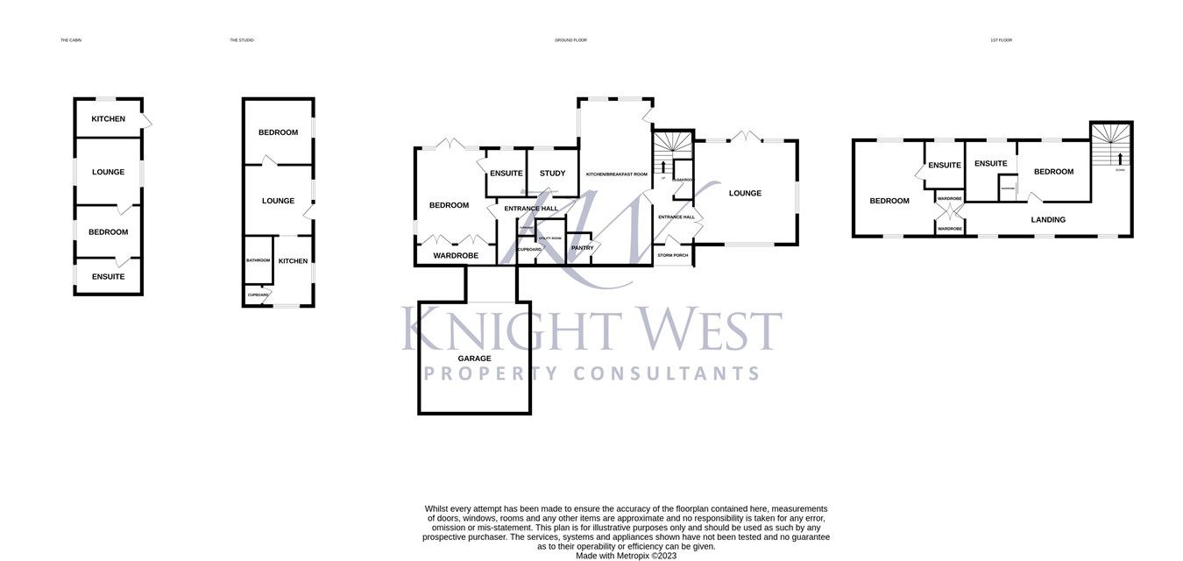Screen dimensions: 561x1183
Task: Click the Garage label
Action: tap(474, 359)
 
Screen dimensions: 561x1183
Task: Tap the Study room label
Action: tap(552, 174)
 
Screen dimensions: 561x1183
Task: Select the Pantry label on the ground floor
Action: tap(583, 248)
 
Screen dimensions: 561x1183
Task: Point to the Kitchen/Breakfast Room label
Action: tap(616, 174)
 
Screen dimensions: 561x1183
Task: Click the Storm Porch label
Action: tap(673, 255)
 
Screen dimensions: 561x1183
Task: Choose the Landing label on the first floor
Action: tap(1048, 220)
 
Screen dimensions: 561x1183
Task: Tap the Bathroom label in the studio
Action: tap(258, 260)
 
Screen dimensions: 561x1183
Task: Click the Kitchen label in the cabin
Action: tap(109, 119)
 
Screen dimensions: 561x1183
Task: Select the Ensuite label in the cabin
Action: tap(109, 277)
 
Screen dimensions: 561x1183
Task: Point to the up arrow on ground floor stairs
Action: tap(662, 166)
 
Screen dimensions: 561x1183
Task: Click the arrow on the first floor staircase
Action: tap(1120, 158)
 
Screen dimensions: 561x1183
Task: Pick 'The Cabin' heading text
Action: tap(71, 40)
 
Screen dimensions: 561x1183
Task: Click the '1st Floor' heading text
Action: tap(1001, 40)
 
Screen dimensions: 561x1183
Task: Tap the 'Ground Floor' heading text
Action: tap(570, 40)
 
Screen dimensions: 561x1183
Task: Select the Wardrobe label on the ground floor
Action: tap(455, 256)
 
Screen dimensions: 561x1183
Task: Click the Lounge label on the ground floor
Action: tap(745, 194)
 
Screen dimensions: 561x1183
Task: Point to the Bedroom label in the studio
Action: tap(278, 132)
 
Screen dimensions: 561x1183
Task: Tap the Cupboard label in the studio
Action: tap(258, 295)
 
